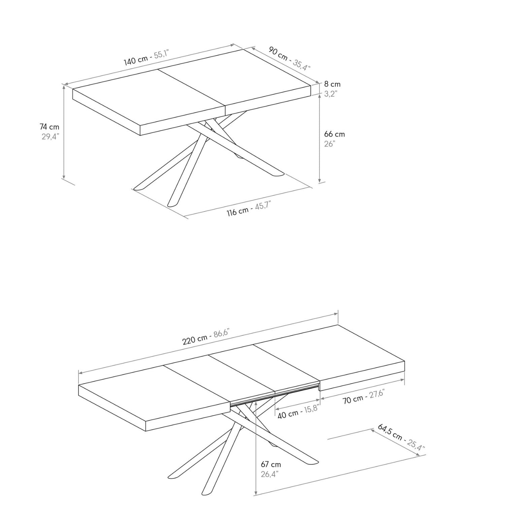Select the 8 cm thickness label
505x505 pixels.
pyautogui.click(x=332, y=84)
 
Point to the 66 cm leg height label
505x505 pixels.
pyautogui.click(x=334, y=134)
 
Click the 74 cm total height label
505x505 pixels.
pyautogui.click(x=49, y=127)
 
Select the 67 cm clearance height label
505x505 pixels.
pyautogui.click(x=271, y=464)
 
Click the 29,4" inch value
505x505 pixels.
pyautogui.click(x=50, y=137)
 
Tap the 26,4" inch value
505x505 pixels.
pyautogui.click(x=269, y=474)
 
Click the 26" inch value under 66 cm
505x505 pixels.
pyautogui.click(x=330, y=144)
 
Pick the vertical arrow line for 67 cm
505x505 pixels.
pyautogui.click(x=257, y=448)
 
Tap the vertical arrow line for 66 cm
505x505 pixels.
pyautogui.click(x=319, y=138)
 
